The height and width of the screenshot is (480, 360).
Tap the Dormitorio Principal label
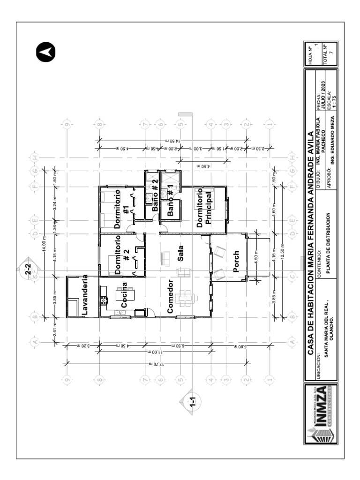tap(204, 207)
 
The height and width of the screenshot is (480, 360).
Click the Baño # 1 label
tap(171, 200)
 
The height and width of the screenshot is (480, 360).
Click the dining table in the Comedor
tap(186, 298)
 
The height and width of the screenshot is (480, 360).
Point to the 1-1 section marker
tap(193, 401)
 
